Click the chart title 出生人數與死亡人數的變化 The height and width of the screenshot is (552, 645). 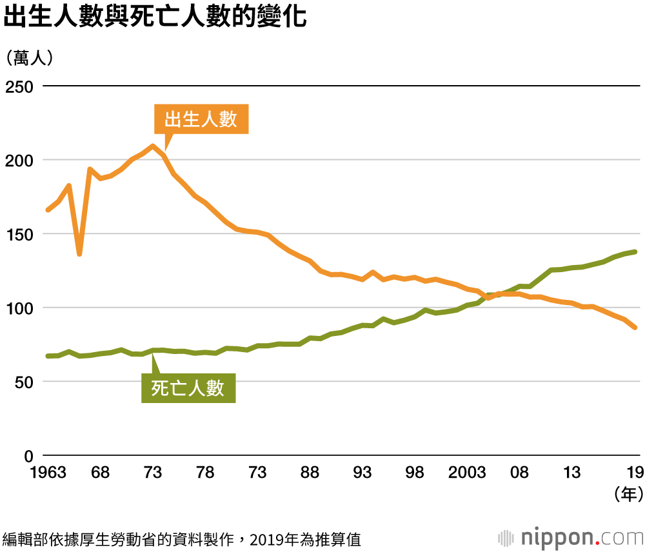coord(155,17)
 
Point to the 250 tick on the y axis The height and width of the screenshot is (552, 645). coord(20,86)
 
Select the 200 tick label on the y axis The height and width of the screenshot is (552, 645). coord(20,160)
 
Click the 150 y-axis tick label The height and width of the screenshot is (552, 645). coord(20,234)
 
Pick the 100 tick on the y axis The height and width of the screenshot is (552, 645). coord(20,308)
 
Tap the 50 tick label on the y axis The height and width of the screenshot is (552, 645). coord(23,382)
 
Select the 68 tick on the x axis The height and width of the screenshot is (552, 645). coord(100,473)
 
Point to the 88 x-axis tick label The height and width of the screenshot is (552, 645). coord(310,473)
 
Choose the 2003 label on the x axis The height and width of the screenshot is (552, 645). coord(467,473)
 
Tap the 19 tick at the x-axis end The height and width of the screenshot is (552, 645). coord(635,473)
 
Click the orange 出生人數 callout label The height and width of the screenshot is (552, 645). coord(201,119)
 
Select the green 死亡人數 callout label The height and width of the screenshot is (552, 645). coord(188,388)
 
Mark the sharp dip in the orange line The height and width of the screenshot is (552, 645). coord(79,253)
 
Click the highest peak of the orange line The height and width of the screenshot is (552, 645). coord(153,146)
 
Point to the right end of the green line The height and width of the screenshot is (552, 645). coord(635,251)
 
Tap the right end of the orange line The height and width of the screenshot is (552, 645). coord(635,328)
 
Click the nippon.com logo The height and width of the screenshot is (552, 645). coord(570,537)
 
